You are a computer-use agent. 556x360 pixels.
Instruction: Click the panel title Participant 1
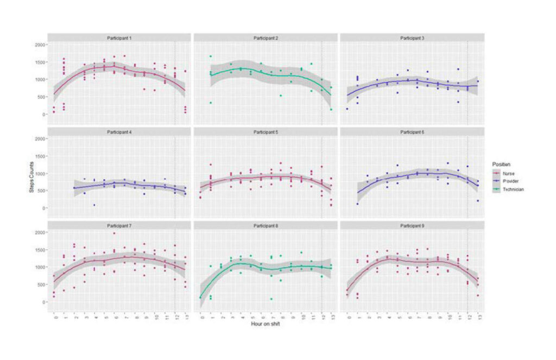point(119,38)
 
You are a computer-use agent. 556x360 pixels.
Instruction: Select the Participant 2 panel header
point(266,38)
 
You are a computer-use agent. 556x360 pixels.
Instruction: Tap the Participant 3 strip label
point(412,38)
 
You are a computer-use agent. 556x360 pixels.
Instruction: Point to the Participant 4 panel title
point(119,131)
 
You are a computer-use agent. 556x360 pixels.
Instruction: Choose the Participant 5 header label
point(266,131)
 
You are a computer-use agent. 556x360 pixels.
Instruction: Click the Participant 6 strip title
point(412,131)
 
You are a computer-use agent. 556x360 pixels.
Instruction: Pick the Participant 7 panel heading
point(119,225)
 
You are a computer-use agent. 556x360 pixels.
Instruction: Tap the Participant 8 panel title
point(266,225)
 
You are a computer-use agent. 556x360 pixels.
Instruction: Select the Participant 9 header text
point(412,225)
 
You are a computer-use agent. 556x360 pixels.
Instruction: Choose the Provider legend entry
point(512,181)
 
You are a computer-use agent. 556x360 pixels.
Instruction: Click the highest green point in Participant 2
point(210,56)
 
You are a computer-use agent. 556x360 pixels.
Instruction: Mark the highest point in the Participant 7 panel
point(114,233)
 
